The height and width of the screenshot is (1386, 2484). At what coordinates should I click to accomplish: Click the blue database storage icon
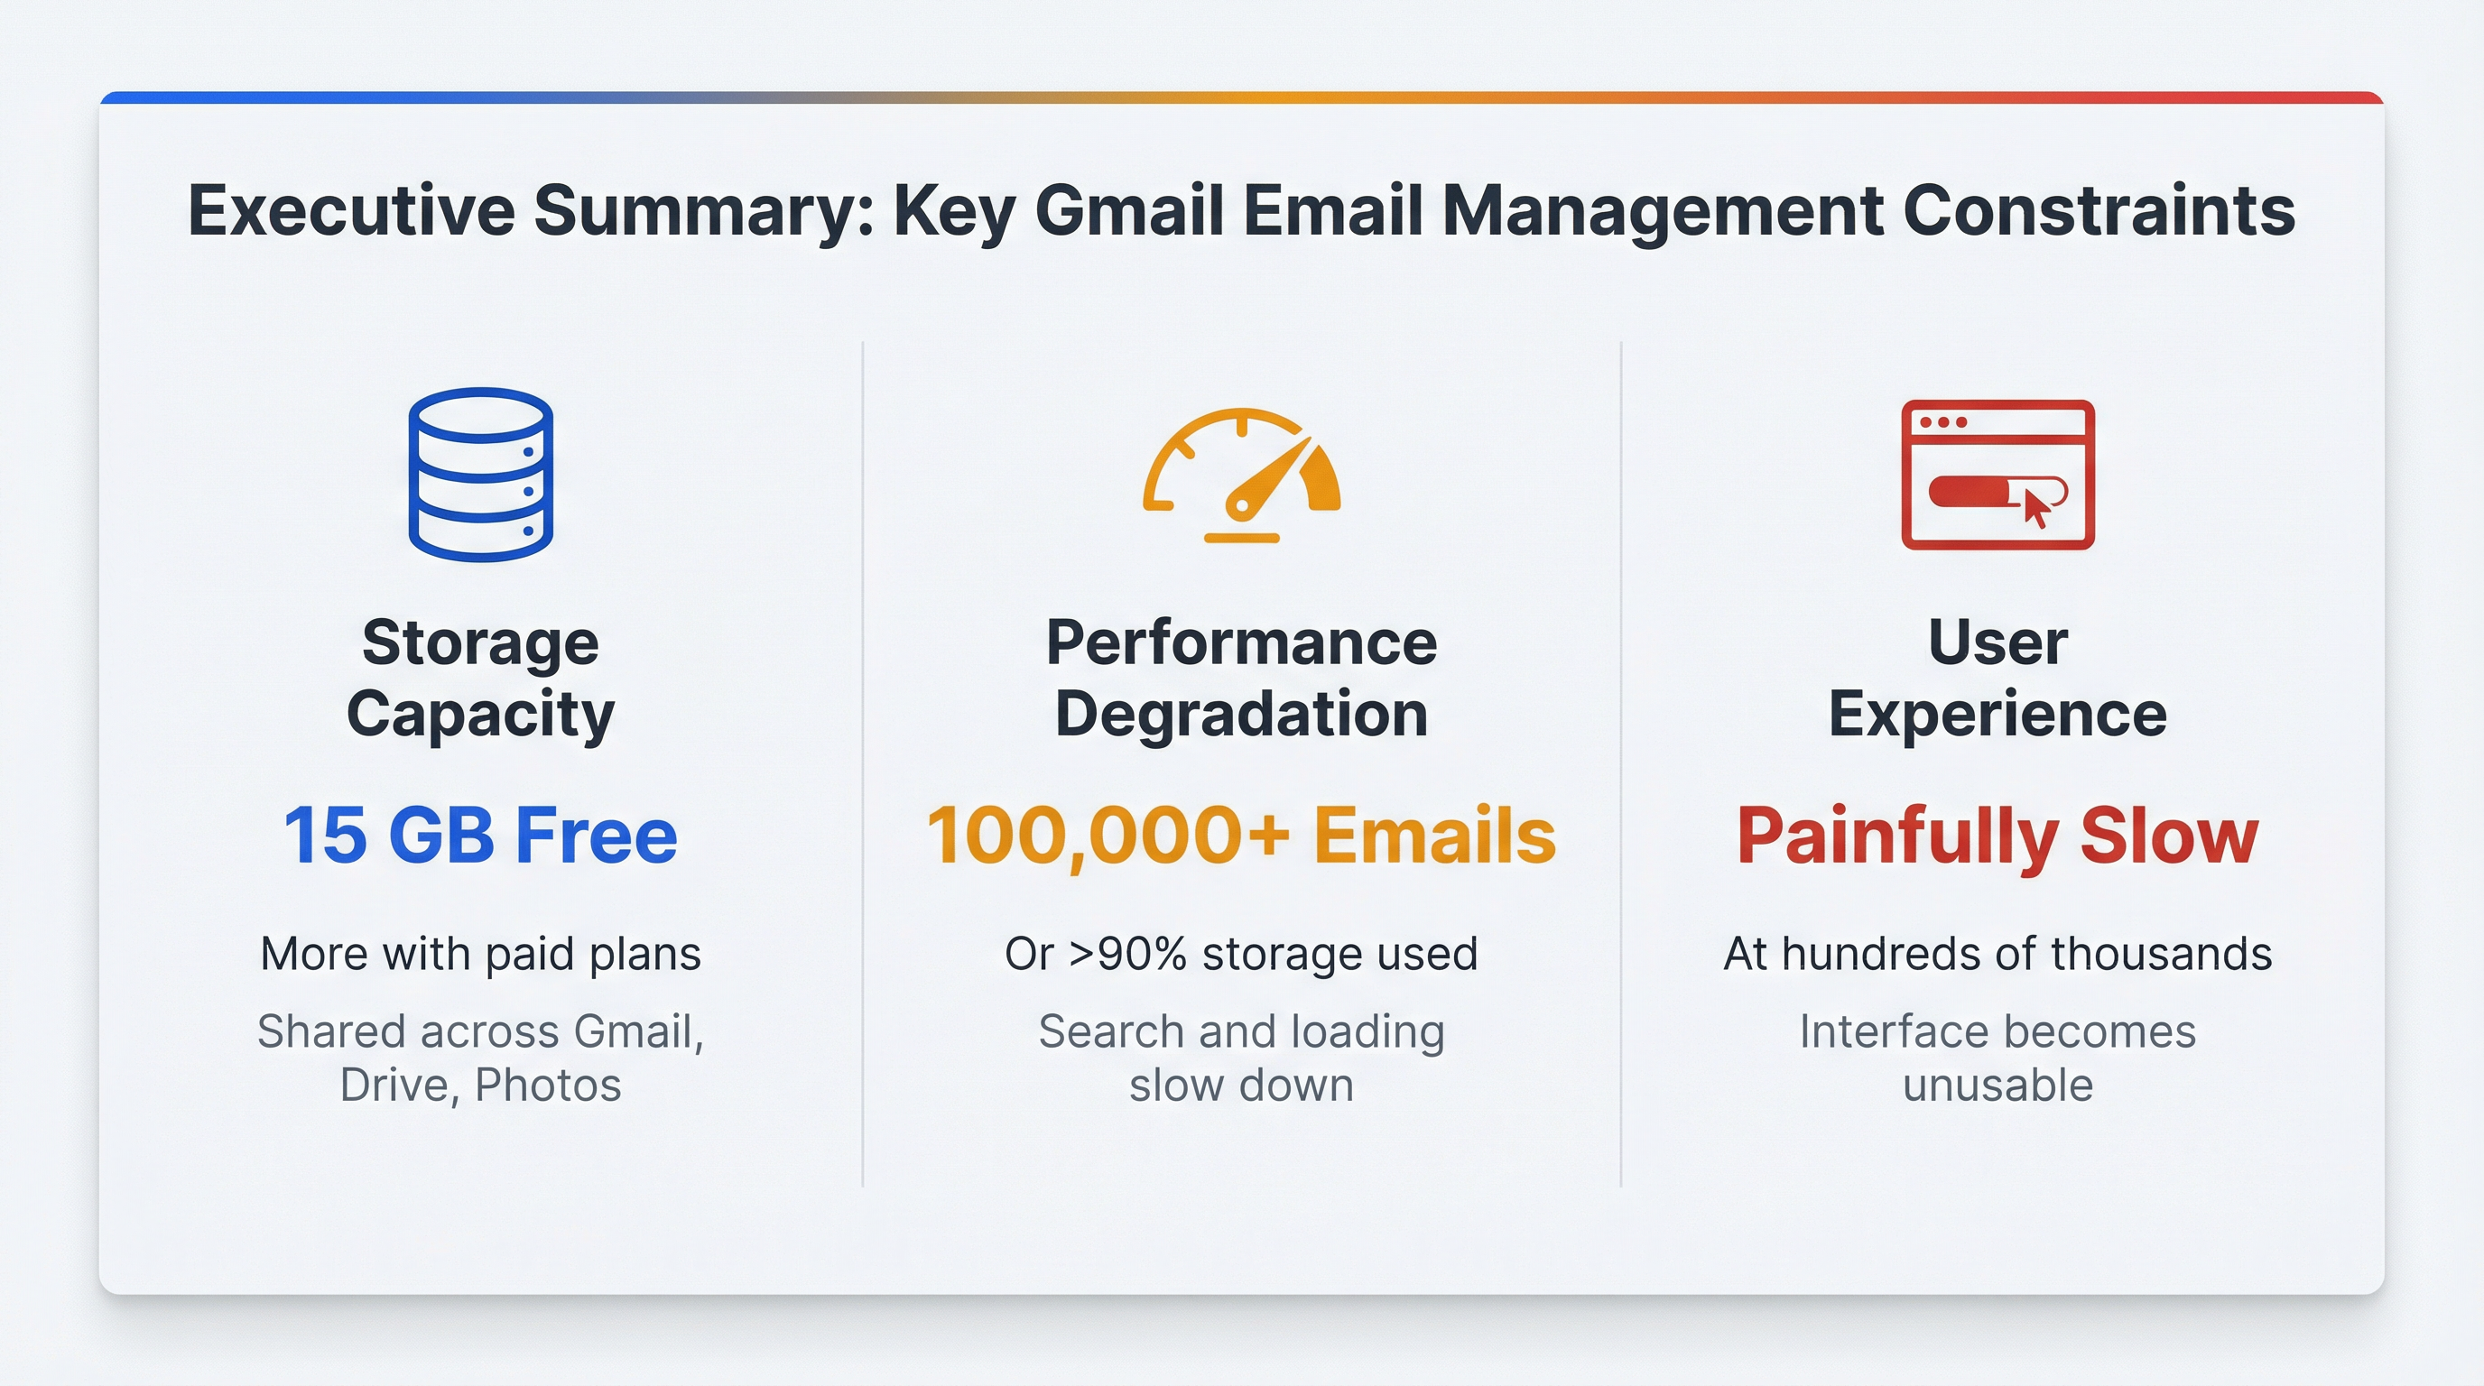[480, 475]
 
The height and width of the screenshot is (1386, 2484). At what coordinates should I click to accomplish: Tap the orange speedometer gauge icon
[1242, 476]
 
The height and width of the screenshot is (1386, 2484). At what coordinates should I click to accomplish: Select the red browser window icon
[1998, 475]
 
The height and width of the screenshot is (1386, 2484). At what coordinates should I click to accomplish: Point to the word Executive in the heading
[352, 210]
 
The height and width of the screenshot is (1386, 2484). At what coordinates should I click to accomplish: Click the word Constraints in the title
[2099, 210]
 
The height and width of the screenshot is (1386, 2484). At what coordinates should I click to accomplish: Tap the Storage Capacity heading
[480, 678]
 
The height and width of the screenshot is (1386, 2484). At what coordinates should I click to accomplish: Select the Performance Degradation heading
[1242, 678]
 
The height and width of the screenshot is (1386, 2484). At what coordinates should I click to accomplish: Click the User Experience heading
[1998, 678]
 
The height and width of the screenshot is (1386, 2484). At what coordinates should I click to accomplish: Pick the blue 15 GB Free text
[480, 835]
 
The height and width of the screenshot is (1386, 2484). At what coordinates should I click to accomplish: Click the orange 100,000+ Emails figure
[1242, 836]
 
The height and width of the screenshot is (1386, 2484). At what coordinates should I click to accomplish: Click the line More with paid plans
[480, 954]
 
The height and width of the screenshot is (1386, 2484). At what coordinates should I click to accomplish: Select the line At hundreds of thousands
[1998, 953]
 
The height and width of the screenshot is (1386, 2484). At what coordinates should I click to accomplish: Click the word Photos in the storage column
[548, 1086]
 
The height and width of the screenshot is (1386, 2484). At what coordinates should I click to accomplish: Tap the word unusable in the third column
[1998, 1086]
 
